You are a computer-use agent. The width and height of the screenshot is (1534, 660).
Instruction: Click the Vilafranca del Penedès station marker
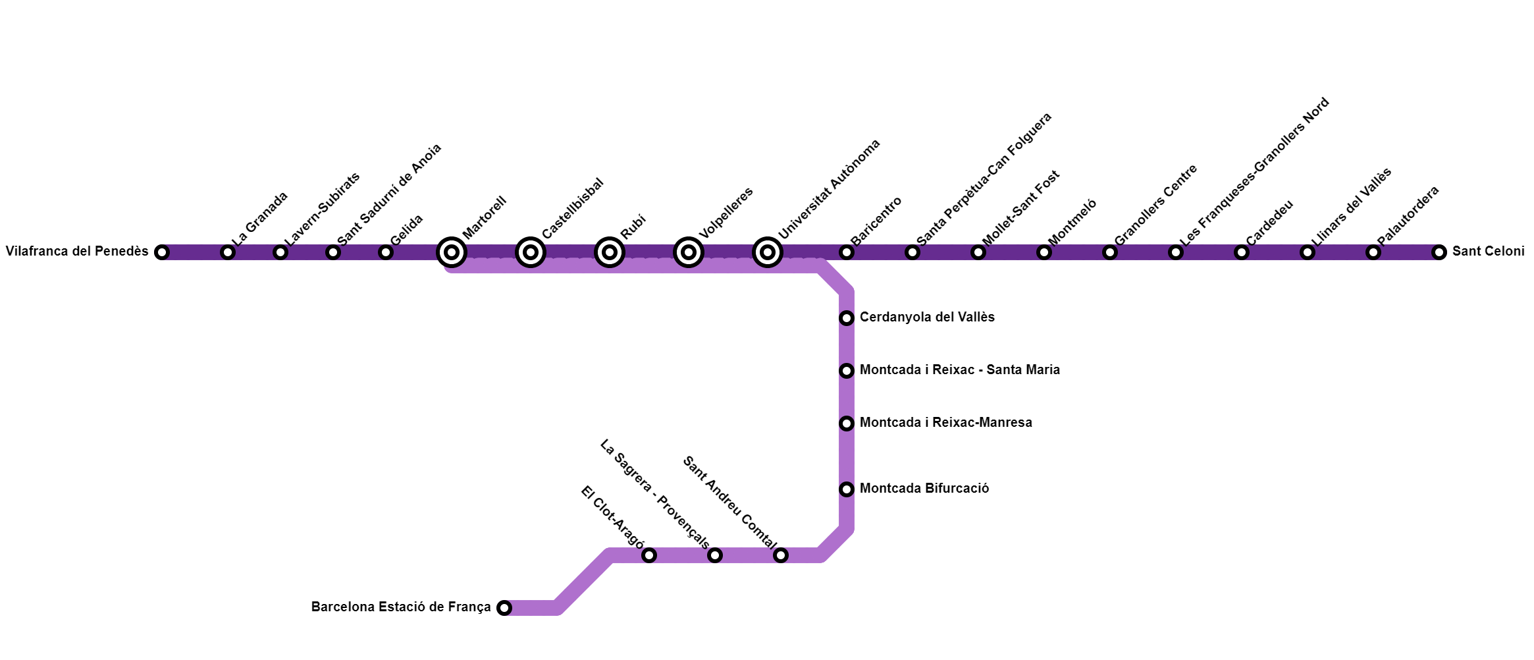click(x=162, y=252)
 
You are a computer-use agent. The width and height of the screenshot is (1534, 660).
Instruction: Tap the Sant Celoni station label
click(x=1488, y=252)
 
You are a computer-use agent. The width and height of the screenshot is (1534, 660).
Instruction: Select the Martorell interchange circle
click(x=452, y=252)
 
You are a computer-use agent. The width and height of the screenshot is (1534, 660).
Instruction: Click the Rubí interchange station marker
click(x=610, y=252)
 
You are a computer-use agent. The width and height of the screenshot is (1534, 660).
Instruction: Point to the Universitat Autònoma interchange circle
click(x=768, y=252)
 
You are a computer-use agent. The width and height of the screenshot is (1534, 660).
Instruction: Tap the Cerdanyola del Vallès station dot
click(x=847, y=318)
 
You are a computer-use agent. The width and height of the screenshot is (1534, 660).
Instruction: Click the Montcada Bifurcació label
click(x=924, y=489)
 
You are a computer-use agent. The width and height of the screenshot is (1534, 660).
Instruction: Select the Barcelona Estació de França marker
click(x=504, y=608)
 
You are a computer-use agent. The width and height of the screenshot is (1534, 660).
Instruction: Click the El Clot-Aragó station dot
click(x=649, y=555)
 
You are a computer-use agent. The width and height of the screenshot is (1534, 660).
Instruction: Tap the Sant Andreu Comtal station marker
click(x=781, y=555)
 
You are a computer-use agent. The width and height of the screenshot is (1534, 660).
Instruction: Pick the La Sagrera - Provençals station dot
click(x=715, y=555)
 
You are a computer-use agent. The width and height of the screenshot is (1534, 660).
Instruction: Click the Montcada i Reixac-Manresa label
click(x=946, y=423)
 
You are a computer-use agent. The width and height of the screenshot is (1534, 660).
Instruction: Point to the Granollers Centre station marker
click(x=1110, y=252)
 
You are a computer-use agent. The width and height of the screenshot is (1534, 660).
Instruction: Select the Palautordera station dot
click(x=1373, y=252)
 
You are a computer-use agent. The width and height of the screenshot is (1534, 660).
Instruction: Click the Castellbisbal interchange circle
click(x=531, y=252)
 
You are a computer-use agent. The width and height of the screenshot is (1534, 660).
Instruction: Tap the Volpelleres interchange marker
click(x=689, y=252)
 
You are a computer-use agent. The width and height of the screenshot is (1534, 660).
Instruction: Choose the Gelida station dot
click(x=386, y=252)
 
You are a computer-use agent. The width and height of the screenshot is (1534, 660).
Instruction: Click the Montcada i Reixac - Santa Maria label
click(x=960, y=370)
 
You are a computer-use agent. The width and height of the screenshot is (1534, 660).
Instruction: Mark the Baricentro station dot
click(x=847, y=252)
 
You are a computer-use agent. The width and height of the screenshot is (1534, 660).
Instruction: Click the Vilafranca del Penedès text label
click(x=77, y=252)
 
